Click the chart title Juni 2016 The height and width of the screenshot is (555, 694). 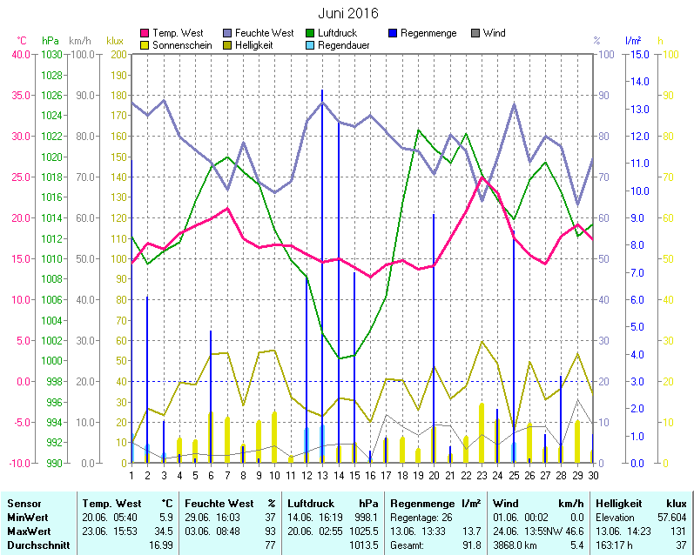point(347,14)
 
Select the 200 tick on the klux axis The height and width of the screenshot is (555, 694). point(116,54)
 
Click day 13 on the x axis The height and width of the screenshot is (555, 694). point(322,474)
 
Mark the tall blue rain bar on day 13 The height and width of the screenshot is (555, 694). point(322,261)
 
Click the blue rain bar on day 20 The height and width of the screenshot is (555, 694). point(434,331)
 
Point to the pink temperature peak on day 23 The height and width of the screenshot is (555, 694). point(482,178)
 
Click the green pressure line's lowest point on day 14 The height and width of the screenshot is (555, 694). point(339,358)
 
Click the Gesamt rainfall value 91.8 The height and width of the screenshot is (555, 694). point(470,545)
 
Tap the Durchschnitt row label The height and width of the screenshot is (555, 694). point(34,545)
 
